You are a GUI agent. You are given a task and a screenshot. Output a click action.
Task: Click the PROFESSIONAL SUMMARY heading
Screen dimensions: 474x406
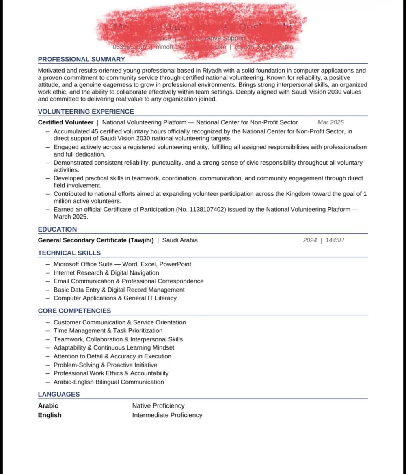point(82,59)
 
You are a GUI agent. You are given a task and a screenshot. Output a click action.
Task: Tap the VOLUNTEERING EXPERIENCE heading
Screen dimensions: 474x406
point(86,112)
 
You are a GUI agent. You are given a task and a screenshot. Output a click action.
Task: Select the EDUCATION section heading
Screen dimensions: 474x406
point(57,229)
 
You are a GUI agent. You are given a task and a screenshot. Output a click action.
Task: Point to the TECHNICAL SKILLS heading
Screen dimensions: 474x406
point(69,253)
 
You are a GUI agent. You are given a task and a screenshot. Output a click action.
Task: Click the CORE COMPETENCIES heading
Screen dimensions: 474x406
point(74,311)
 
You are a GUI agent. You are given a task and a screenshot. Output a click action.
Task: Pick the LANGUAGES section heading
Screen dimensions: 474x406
point(59,394)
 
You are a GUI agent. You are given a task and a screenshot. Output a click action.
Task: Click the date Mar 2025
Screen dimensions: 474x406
point(330,122)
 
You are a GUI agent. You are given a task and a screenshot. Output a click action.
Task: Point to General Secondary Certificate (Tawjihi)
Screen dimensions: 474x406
point(96,240)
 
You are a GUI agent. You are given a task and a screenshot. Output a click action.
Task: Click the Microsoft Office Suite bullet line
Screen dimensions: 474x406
point(122,264)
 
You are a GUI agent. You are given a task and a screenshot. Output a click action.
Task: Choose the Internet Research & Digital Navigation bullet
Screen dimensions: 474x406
point(106,273)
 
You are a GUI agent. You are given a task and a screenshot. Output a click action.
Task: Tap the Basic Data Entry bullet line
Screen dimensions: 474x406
point(119,290)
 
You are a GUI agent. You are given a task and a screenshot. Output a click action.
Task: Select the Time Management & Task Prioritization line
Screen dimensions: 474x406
point(108,331)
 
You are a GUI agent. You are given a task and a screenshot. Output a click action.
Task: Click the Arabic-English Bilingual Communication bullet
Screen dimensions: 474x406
point(109,382)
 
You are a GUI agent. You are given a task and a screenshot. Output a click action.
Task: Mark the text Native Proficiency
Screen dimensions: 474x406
point(158,405)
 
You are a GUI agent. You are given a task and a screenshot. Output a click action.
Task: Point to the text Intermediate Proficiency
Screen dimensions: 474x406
point(167,415)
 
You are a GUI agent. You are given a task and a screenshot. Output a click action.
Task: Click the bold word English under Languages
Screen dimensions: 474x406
point(50,415)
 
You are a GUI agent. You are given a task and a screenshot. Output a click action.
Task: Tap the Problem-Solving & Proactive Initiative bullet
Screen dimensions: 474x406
point(106,365)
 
